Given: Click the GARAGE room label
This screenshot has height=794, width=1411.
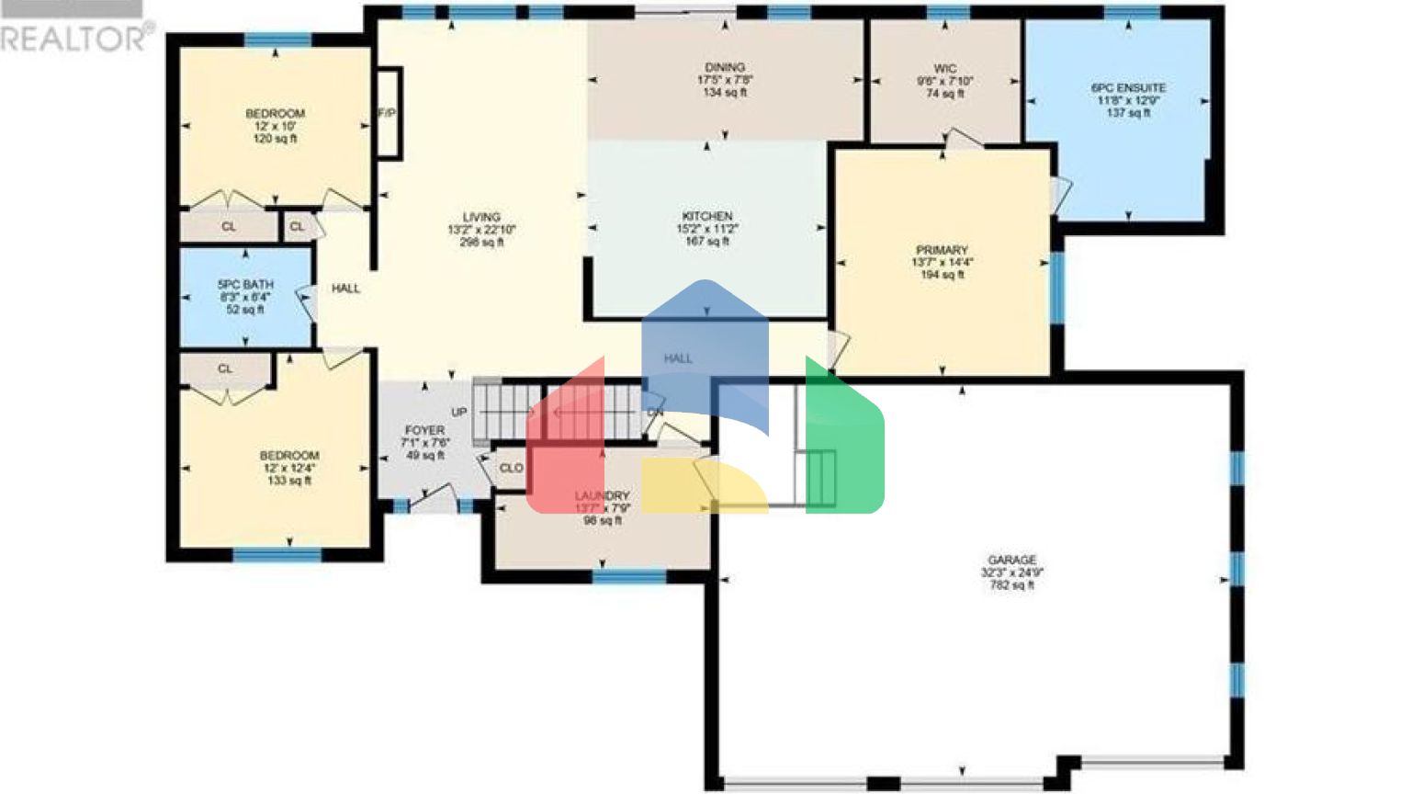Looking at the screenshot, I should (x=1011, y=560).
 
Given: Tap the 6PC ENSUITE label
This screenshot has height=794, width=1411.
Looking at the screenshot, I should (x=1128, y=88).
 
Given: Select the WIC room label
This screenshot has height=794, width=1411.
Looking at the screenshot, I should (x=944, y=69).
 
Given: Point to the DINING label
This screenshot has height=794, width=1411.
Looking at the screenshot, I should (x=725, y=67).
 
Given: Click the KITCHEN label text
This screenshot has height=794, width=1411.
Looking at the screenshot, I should (x=706, y=216).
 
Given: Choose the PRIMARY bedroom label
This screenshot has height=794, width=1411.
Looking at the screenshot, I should (x=942, y=250).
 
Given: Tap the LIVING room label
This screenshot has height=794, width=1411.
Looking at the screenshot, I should (x=481, y=218).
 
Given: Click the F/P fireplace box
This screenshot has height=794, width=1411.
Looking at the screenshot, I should (x=388, y=113).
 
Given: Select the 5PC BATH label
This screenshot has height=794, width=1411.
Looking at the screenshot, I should (x=245, y=285).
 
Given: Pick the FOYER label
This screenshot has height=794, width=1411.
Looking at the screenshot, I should (x=424, y=430).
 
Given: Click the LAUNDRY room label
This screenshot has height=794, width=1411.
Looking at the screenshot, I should (x=602, y=496).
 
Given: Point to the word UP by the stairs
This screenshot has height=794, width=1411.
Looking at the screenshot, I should (x=459, y=412).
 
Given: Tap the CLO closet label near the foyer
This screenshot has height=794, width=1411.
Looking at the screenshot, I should (x=512, y=468).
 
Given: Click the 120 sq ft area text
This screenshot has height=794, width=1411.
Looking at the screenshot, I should (x=275, y=139).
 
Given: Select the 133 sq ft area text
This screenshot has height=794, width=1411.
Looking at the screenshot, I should (x=289, y=481).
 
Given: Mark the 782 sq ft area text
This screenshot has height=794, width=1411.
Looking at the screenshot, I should (x=1011, y=584).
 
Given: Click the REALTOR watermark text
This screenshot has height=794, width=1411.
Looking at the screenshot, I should (x=73, y=39).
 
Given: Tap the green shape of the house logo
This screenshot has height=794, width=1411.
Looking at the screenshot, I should (x=843, y=441).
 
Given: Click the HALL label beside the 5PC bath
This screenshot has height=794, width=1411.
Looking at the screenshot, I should (x=345, y=289).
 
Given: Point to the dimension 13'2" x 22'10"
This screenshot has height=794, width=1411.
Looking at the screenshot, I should (x=481, y=230).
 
